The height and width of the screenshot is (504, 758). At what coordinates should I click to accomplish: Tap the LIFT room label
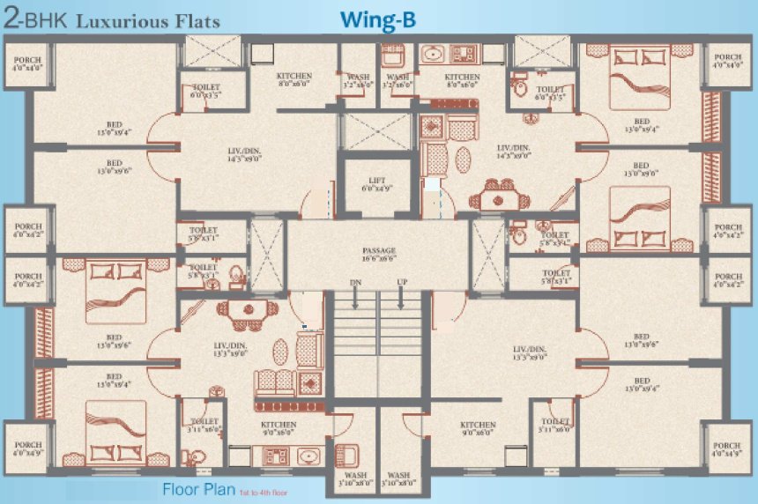[378, 183]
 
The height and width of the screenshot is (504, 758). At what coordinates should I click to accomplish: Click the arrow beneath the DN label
[355, 300]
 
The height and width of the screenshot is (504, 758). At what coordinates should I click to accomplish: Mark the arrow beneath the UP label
[401, 300]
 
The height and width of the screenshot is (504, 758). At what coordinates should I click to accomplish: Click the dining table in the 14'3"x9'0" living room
[498, 196]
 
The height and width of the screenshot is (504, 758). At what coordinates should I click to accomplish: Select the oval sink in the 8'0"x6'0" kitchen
[433, 56]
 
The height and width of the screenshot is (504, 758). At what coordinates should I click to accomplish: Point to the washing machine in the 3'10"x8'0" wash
[350, 456]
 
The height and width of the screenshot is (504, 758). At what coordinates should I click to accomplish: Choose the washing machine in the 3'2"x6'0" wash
[393, 57]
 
